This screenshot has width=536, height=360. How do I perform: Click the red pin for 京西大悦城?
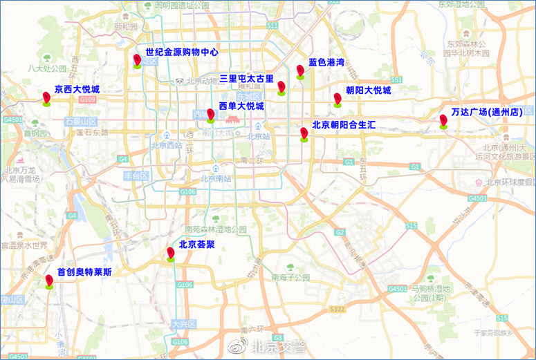(46, 98)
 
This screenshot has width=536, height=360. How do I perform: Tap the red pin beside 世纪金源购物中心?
(137, 61)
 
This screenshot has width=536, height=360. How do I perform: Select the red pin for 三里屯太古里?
(281, 87)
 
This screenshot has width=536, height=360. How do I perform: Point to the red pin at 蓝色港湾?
(300, 71)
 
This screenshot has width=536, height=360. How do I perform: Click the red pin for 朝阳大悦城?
(338, 99)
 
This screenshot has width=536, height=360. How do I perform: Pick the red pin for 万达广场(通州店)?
(443, 121)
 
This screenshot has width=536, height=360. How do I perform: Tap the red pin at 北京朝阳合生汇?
(304, 133)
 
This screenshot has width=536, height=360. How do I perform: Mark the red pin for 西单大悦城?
(210, 115)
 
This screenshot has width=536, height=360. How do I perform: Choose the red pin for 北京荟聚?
(171, 254)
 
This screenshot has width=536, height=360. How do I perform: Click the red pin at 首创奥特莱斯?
(49, 281)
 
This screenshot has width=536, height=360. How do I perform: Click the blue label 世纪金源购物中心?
(182, 52)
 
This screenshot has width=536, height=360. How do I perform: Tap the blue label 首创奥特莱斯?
(84, 272)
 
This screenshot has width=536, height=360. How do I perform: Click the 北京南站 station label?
(215, 178)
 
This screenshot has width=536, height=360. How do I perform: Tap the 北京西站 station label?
(167, 145)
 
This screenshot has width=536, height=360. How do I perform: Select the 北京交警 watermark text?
(278, 347)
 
